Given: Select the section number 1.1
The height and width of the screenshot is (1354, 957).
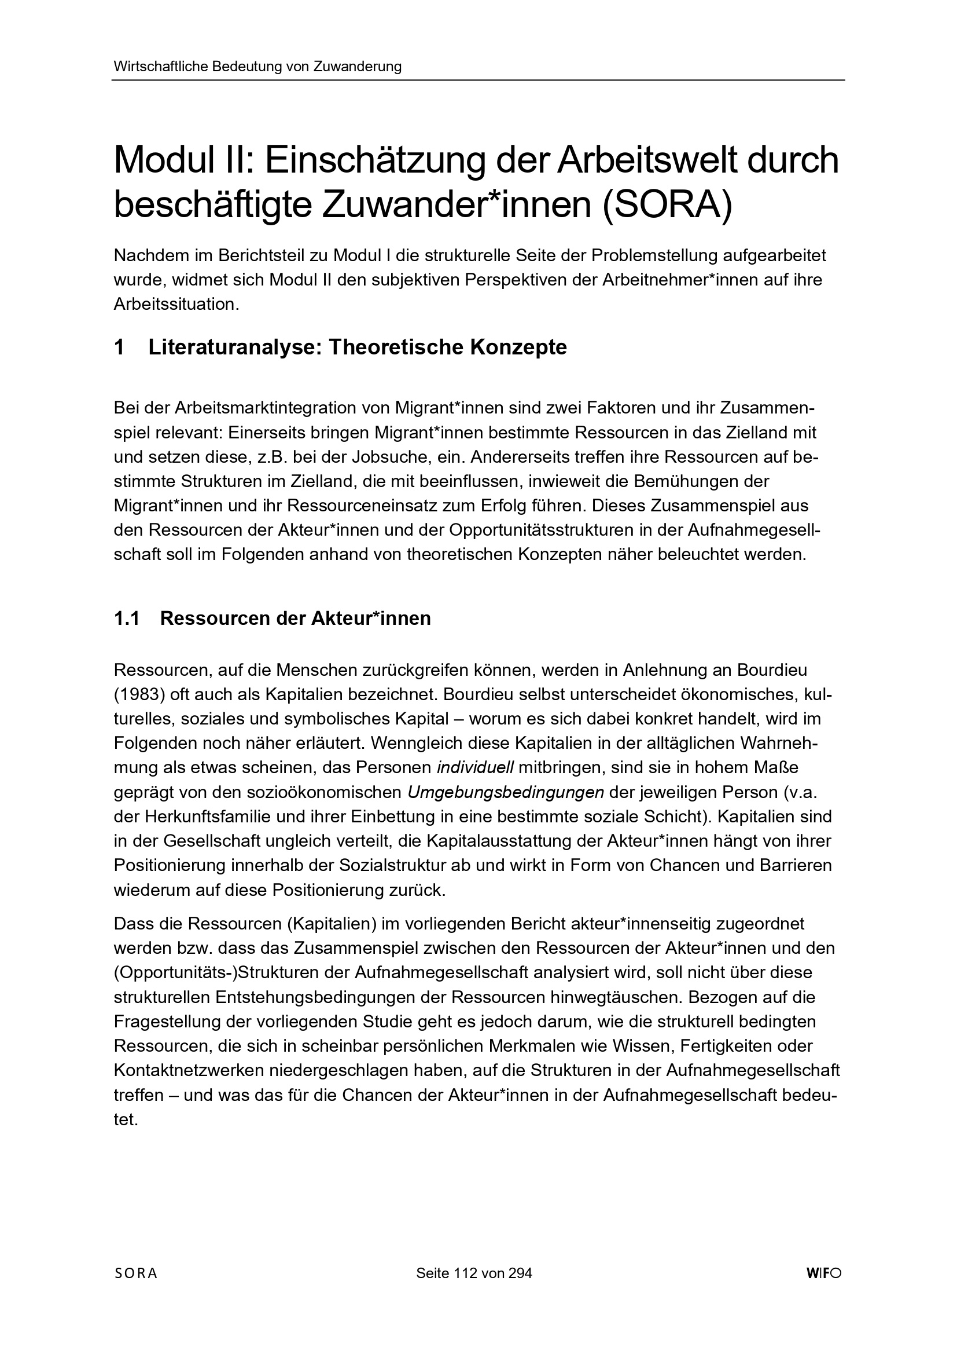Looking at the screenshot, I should tap(127, 618).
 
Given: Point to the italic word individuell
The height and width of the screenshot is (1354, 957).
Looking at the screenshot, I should tap(476, 768).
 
